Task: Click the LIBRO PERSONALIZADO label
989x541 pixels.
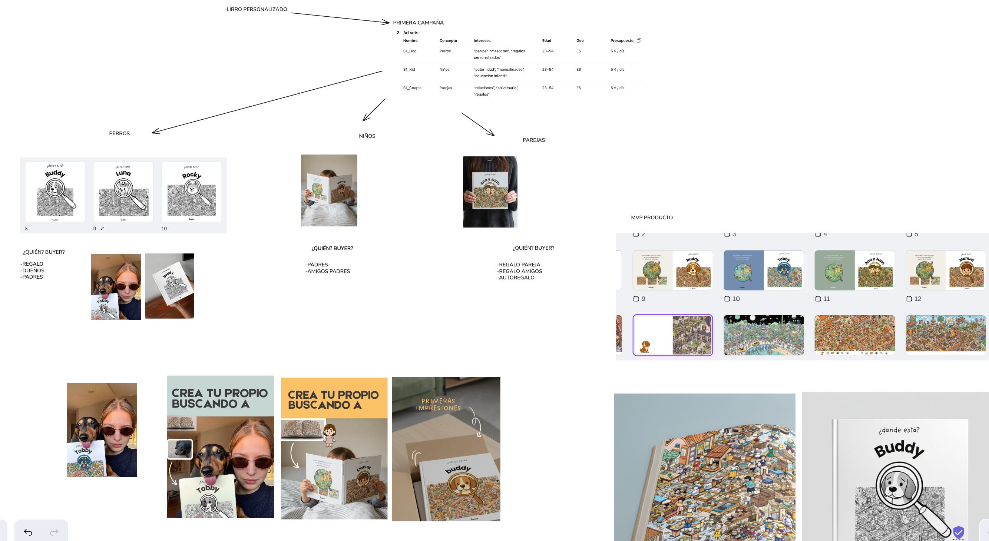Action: point(257,9)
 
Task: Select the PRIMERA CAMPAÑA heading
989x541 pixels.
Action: point(418,23)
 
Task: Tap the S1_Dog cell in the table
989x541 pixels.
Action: point(410,51)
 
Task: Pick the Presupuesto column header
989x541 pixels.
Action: point(622,41)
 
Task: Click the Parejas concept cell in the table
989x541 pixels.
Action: point(446,88)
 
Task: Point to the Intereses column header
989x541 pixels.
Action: point(482,41)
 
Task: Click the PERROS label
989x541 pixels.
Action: point(119,133)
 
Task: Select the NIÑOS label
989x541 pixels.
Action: point(367,136)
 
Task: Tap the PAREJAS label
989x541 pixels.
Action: point(534,140)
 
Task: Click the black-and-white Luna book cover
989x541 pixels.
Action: point(123,192)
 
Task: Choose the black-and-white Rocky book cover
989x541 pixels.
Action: point(191,192)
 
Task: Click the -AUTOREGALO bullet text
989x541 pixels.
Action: point(516,278)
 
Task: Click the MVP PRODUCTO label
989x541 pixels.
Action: point(652,218)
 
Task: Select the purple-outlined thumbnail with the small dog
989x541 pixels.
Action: point(672,335)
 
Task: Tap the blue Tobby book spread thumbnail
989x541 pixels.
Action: point(763,270)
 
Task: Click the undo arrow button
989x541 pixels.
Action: point(28,532)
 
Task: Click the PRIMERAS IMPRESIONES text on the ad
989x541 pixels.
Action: point(438,404)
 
